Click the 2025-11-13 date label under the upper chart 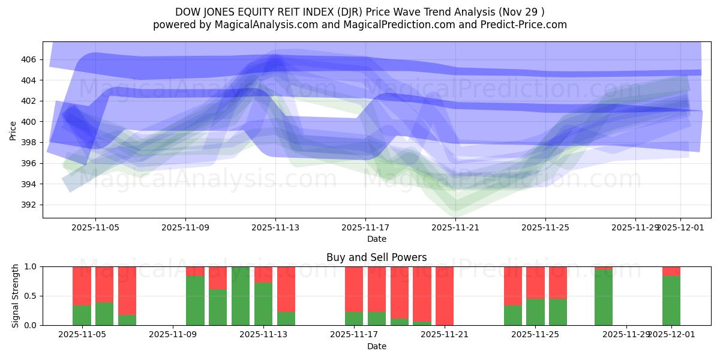point(275,228)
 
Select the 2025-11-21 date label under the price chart point(455,228)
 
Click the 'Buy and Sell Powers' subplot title point(376,257)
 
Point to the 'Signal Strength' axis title point(16,296)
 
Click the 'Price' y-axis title point(13,130)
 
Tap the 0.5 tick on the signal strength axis point(29,296)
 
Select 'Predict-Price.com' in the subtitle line point(526,25)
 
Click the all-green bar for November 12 point(241,296)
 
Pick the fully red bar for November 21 point(445,296)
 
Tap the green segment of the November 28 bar point(604,298)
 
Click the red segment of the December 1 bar point(671,271)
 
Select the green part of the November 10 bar point(195,301)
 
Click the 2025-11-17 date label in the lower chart point(354,335)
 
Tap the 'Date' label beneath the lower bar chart point(376,346)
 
